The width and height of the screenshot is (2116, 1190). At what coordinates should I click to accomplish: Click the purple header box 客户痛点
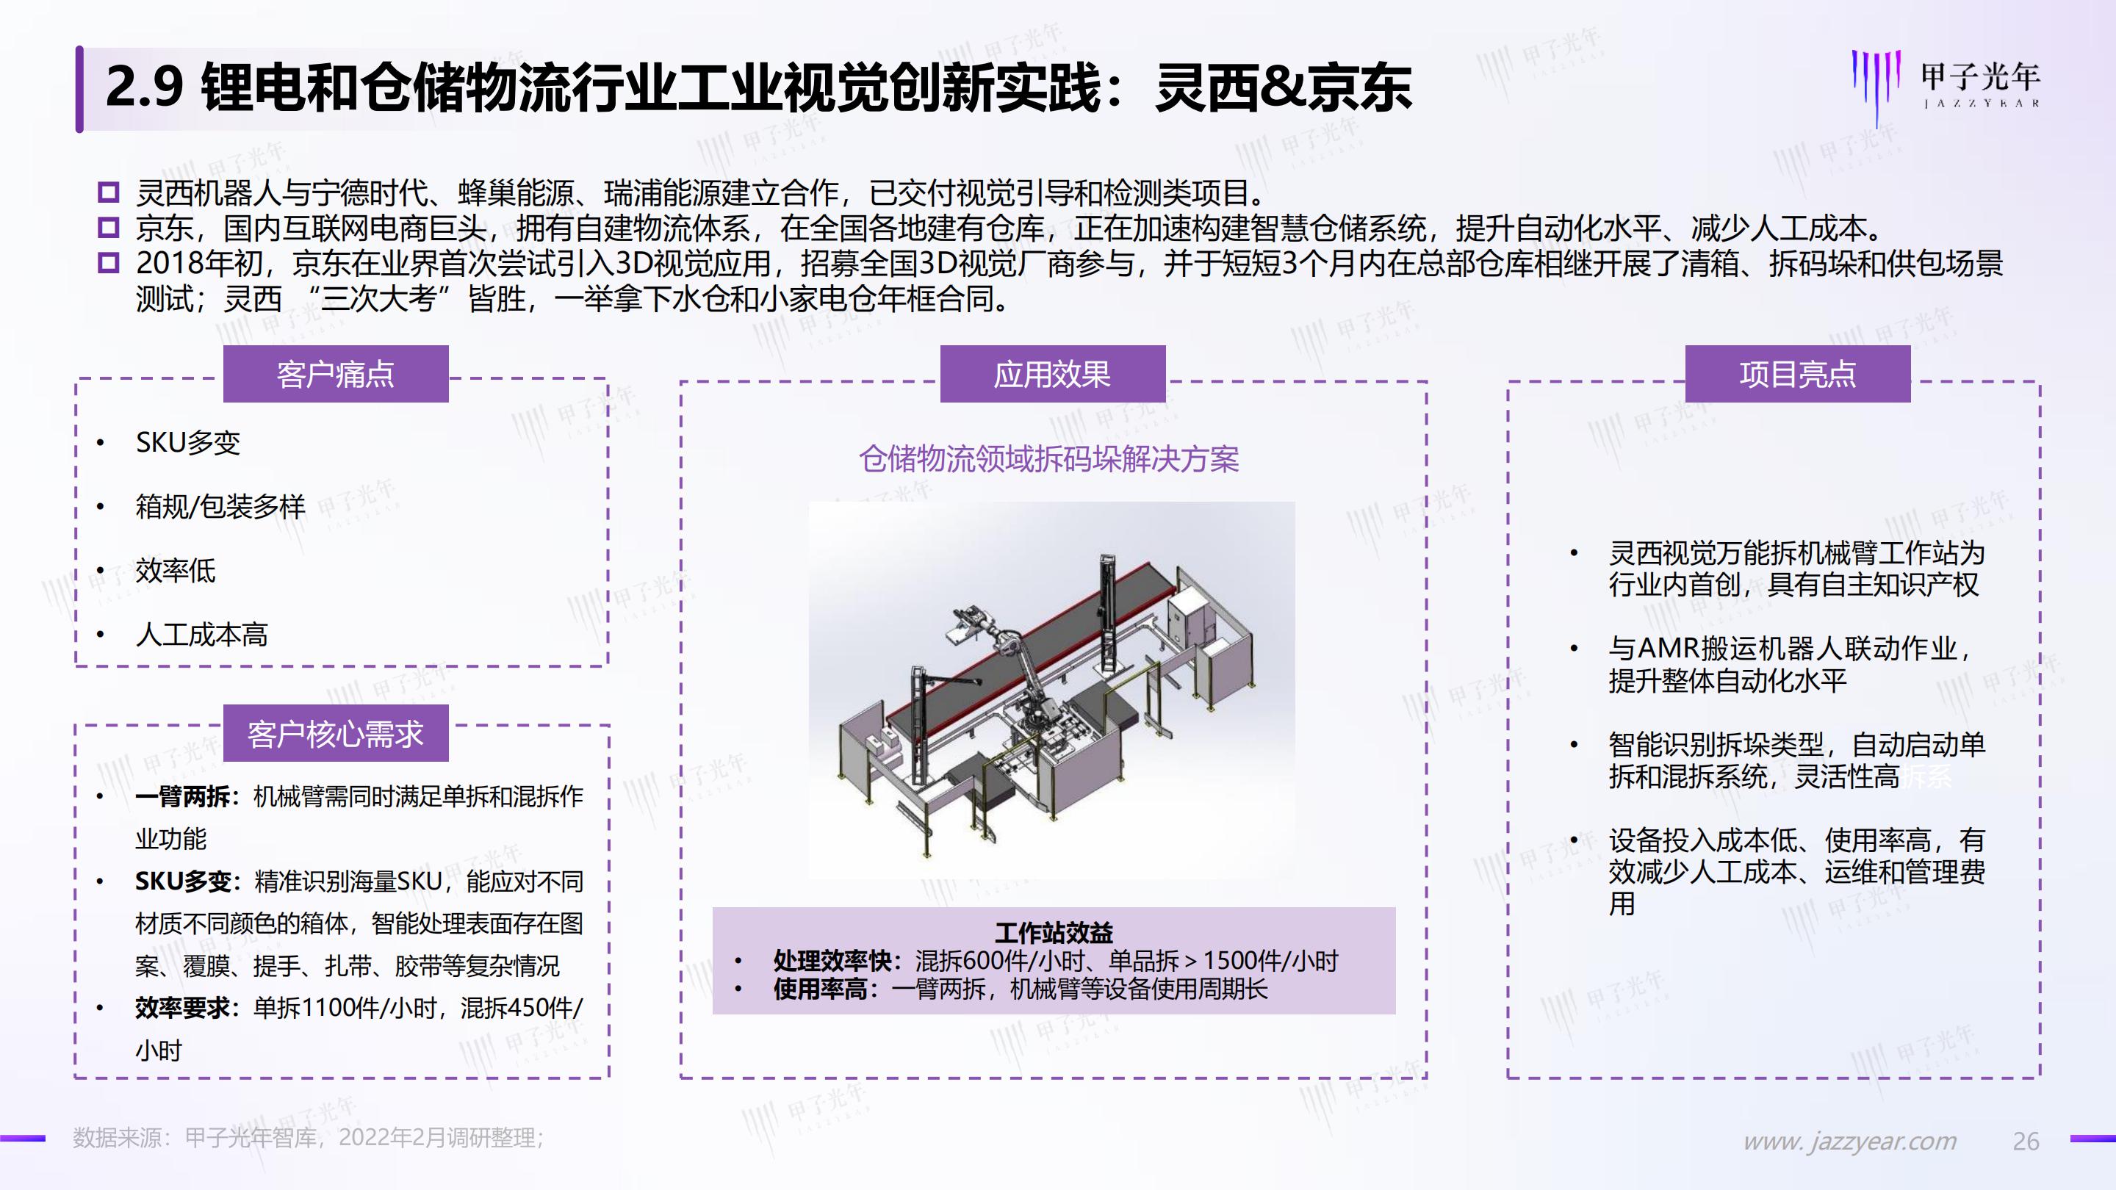pos(335,375)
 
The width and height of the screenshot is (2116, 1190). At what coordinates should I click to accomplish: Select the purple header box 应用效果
pos(1052,375)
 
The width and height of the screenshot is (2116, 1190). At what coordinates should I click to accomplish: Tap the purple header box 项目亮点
pos(1797,375)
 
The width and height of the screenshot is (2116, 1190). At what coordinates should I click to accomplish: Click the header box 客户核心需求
pos(335,733)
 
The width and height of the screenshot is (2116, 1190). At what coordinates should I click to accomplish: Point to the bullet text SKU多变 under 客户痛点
pos(187,443)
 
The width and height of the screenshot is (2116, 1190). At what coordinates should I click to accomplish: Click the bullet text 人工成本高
pos(201,634)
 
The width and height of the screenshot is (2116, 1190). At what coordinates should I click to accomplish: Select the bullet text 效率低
pos(175,570)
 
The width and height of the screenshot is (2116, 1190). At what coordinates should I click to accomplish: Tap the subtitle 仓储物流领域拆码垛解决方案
pos(1049,459)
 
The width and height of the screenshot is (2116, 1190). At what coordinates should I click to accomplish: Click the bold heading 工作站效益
pos(1053,932)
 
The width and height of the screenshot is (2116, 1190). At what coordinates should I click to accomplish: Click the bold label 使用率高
pos(820,989)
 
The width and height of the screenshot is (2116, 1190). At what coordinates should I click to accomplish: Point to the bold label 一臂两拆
pos(182,796)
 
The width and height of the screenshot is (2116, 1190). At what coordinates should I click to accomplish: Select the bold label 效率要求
pos(182,1008)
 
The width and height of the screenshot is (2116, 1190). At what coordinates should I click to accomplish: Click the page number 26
pos(2026,1141)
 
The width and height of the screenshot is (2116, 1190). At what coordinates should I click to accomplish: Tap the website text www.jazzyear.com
pos(1850,1141)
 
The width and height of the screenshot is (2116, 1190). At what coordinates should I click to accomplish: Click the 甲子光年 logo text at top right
pos(1979,78)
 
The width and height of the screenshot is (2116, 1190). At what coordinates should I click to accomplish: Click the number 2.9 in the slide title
pos(144,88)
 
